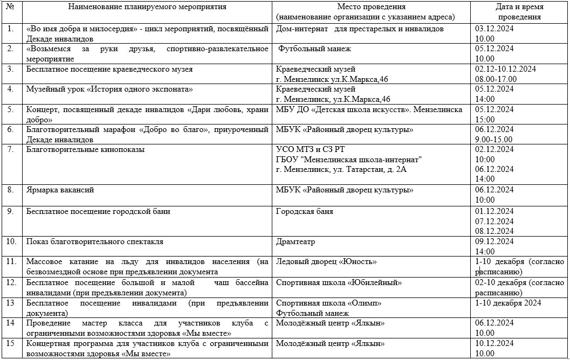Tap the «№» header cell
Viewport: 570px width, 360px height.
[x=11, y=7]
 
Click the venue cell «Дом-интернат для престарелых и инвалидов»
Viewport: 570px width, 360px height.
[x=360, y=29]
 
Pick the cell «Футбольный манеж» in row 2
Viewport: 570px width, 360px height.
[x=314, y=49]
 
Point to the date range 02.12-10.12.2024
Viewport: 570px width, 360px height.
[x=505, y=69]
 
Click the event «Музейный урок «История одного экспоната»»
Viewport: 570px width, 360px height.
[x=109, y=89]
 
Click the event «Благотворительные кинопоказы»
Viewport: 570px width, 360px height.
[x=85, y=149]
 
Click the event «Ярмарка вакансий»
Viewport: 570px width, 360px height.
[x=60, y=190]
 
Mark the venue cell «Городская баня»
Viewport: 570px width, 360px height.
[x=304, y=211]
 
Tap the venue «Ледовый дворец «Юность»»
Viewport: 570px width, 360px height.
[x=326, y=261]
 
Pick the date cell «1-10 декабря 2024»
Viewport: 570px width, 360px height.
[x=508, y=302]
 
